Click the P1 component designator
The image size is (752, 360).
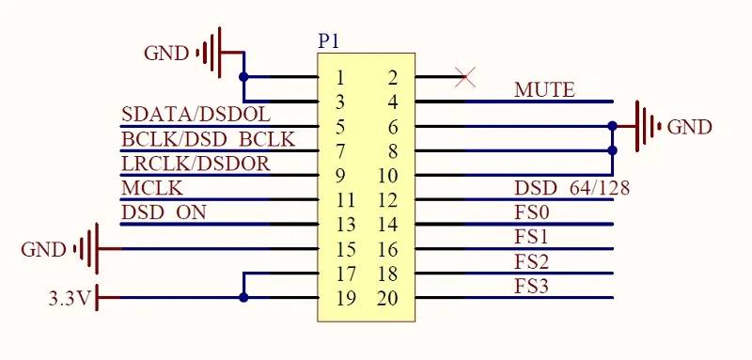tap(328, 41)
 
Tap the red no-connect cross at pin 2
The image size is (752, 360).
tap(464, 77)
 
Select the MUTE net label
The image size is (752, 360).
tap(544, 89)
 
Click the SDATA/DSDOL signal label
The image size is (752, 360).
tap(196, 115)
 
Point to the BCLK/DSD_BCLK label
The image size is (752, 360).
tap(208, 139)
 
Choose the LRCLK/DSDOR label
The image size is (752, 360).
tap(196, 164)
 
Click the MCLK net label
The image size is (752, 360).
tap(152, 188)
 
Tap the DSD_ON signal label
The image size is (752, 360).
tap(164, 212)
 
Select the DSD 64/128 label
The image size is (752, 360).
tap(572, 188)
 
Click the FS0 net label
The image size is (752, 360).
tap(531, 212)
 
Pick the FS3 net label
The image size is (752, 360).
tap(531, 287)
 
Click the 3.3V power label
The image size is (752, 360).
tap(70, 299)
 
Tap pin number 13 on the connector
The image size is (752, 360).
tap(346, 225)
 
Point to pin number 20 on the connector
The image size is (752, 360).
tap(387, 298)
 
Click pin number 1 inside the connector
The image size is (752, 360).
tap(340, 77)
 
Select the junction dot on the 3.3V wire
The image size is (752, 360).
tap(243, 298)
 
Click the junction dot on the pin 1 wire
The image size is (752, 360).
tap(243, 77)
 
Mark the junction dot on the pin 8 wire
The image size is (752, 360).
tap(612, 150)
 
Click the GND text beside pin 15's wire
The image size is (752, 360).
tap(43, 250)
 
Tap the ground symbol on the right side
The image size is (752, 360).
tap(649, 127)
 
